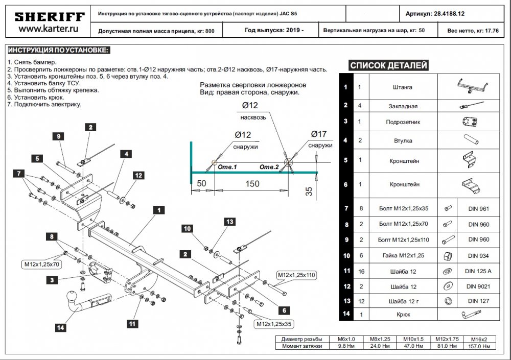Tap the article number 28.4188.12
click(457, 14)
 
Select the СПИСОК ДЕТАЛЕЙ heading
click(389, 65)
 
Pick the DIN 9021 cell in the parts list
click(475, 287)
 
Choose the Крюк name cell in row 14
click(403, 315)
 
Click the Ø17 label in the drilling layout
click(318, 134)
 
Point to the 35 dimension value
click(308, 191)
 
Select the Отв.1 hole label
click(227, 166)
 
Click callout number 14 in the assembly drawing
click(61, 328)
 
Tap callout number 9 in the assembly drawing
click(58, 136)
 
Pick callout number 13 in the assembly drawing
click(228, 221)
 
